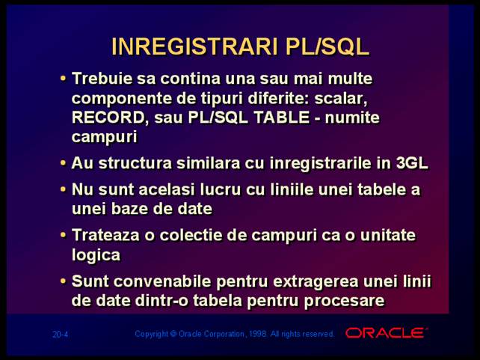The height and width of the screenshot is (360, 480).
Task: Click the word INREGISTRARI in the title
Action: coord(194,46)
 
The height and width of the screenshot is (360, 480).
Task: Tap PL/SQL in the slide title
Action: coord(327,46)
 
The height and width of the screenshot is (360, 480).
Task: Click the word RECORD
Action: coord(108,118)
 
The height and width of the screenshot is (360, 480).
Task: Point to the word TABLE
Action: coord(281,118)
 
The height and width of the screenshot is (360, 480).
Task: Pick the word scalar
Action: coord(341,98)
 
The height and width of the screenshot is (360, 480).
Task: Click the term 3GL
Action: coord(412,162)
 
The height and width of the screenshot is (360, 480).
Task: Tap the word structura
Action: coord(135,162)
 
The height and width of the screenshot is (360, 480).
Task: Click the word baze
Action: coord(132,209)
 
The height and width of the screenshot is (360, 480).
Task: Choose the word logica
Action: coord(96,255)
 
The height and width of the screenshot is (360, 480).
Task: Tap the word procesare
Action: coord(344,301)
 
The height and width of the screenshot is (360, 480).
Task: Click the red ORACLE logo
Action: coord(386,333)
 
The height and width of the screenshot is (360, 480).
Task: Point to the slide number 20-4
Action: coord(60,334)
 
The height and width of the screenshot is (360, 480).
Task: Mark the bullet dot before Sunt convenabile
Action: coord(63,281)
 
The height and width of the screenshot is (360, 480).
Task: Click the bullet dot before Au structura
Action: coord(63,162)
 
